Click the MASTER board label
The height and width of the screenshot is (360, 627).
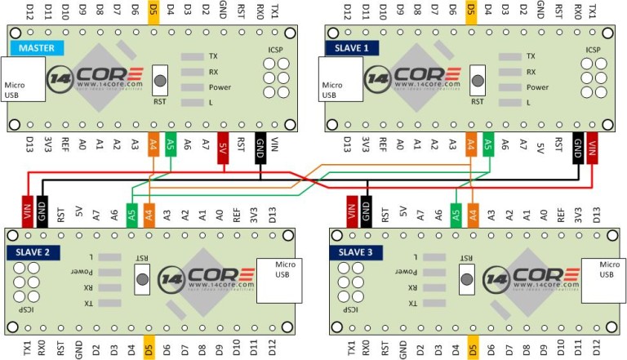click(32, 48)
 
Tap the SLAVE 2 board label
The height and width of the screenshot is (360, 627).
click(32, 252)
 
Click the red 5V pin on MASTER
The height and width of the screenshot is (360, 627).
click(222, 148)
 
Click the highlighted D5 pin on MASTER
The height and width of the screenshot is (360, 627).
click(153, 11)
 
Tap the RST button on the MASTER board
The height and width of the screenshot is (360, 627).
click(160, 82)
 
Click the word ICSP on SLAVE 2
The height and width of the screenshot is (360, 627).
click(27, 311)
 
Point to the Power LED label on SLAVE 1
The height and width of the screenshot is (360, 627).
click(536, 87)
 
